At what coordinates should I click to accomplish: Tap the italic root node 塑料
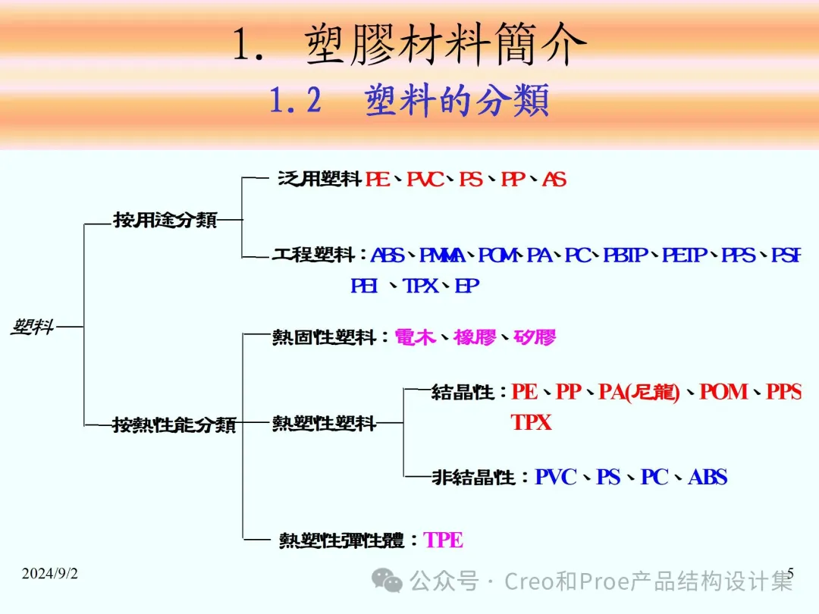[33, 327]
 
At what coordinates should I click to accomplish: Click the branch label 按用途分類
[165, 220]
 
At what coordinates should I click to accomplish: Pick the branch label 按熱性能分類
[174, 424]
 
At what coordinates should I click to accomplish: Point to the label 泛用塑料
[319, 180]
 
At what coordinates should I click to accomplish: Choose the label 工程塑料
[314, 255]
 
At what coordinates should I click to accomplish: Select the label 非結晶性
[473, 478]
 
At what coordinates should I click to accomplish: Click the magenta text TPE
[444, 540]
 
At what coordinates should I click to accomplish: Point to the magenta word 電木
[415, 337]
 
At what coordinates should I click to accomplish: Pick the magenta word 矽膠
[535, 337]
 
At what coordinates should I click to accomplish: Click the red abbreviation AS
[554, 180]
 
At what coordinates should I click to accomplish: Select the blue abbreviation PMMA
[442, 255]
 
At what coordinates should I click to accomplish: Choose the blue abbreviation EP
[467, 286]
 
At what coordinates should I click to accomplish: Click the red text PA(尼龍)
[639, 392]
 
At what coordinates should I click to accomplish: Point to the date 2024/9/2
[50, 574]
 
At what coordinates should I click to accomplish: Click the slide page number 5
[791, 572]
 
